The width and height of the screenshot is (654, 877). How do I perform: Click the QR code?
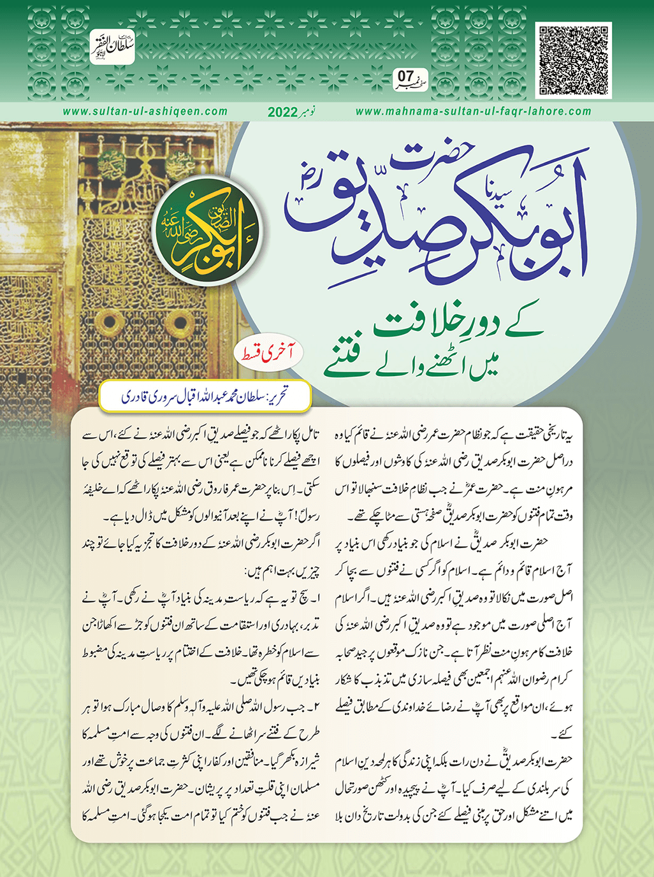(574, 60)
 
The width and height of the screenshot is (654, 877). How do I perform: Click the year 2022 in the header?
(286, 112)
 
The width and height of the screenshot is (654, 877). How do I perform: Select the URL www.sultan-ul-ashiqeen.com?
(145, 112)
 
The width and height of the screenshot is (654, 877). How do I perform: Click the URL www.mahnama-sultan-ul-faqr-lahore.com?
(473, 112)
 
